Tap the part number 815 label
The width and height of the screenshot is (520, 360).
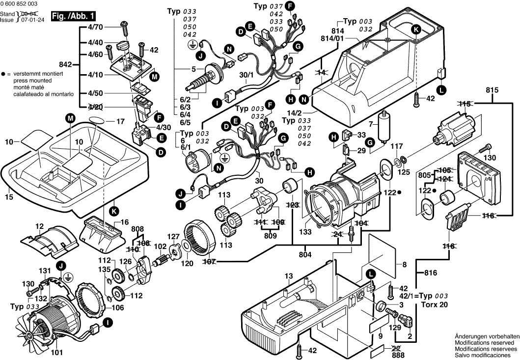coord(492,90)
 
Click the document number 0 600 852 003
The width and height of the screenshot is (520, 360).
coord(19,3)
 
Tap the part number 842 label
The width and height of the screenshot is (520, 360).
coord(65,64)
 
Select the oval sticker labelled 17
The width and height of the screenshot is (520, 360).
coord(97,120)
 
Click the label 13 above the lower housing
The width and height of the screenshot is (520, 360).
coord(288,276)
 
